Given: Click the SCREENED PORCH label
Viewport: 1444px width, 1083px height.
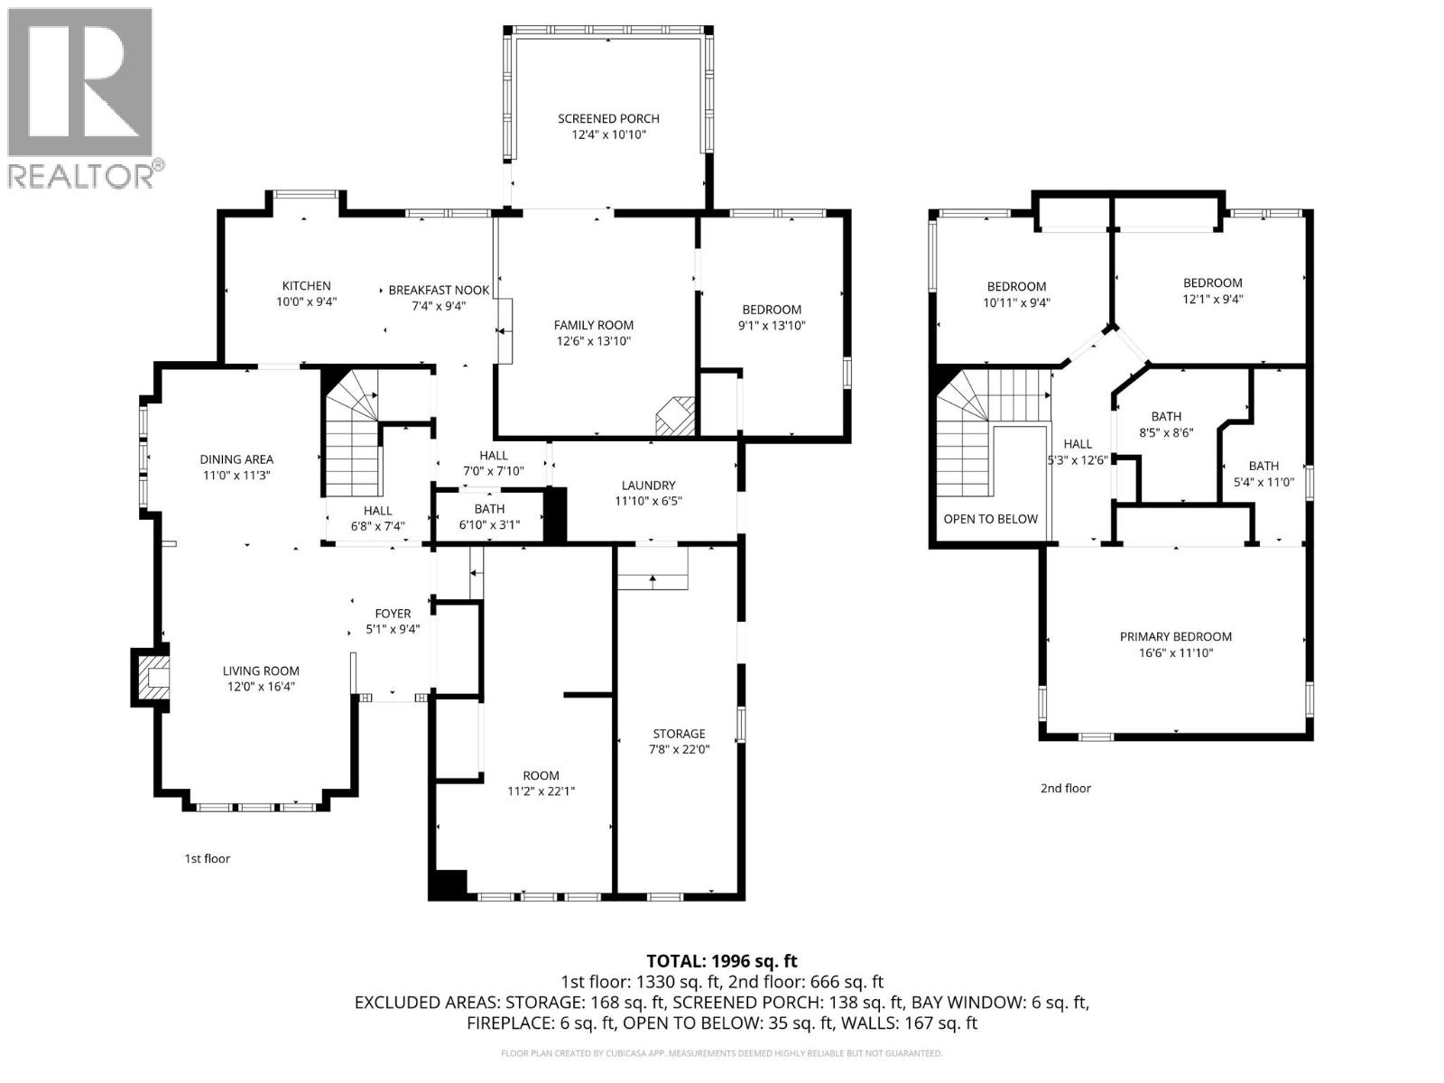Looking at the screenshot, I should point(608,118).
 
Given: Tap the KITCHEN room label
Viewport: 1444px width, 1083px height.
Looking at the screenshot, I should point(306,286).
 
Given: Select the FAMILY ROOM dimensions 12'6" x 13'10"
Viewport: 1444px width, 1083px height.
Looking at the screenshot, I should point(593,341).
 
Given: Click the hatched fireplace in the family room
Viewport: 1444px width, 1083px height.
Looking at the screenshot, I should point(676,416).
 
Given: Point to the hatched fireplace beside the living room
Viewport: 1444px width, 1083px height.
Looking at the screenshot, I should point(152,676).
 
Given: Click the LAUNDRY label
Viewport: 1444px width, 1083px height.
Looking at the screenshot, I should point(648,485).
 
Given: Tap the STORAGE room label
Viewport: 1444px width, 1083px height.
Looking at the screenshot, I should point(679,734).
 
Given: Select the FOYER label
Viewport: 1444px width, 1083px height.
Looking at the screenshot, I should point(393,614).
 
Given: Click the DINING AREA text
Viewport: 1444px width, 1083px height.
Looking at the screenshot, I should point(236,459).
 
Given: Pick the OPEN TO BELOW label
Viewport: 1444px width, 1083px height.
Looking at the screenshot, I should point(990,519).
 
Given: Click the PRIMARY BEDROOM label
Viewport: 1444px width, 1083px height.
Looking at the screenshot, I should point(1175,636).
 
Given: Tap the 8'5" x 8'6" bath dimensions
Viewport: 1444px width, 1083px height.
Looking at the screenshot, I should point(1166,432).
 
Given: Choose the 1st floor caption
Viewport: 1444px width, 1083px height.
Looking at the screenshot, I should point(208,858).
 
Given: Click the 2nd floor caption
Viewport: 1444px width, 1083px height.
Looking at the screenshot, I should point(1065,788).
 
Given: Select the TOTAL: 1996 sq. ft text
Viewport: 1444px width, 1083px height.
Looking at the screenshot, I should point(722,961).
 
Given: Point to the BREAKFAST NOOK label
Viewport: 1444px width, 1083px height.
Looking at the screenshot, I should point(439,290).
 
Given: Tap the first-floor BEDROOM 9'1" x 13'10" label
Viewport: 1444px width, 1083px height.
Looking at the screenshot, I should point(771,310).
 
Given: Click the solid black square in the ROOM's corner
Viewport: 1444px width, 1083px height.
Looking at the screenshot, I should point(449,884).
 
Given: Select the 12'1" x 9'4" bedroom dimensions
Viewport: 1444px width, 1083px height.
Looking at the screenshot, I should point(1212,299).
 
